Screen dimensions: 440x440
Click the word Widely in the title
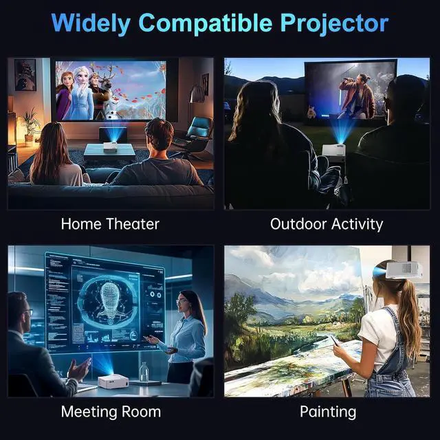point(91,23)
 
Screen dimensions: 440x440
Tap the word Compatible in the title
point(206,23)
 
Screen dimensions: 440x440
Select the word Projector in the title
point(335,23)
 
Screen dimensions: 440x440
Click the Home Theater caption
point(110,224)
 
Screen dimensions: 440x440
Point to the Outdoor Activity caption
point(327,225)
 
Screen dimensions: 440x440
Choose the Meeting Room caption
point(111,412)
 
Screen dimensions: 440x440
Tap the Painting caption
point(328,412)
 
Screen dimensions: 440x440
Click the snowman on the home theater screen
point(113,107)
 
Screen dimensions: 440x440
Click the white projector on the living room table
point(110,146)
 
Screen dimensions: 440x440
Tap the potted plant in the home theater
point(30,127)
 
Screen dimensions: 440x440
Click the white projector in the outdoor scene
point(333,151)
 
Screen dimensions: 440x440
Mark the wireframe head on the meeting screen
point(109,298)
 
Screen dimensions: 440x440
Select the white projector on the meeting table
point(113,381)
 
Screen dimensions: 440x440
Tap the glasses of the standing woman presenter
point(181,301)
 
